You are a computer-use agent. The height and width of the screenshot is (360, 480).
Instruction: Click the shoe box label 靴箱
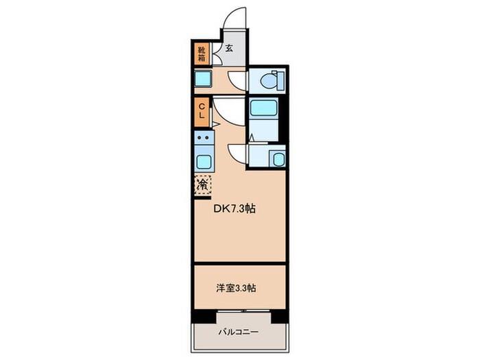[x=202, y=54]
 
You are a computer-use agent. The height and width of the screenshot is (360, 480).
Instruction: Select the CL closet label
[x=202, y=111]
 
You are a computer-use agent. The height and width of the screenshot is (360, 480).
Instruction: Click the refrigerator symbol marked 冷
[x=203, y=184]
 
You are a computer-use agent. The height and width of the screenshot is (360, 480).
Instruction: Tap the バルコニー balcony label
[x=239, y=332]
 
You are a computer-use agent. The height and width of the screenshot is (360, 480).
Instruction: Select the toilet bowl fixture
[x=269, y=80]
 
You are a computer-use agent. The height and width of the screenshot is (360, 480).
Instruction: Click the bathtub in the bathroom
[x=261, y=108]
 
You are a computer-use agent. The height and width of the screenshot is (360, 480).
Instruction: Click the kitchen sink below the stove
[x=204, y=162]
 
